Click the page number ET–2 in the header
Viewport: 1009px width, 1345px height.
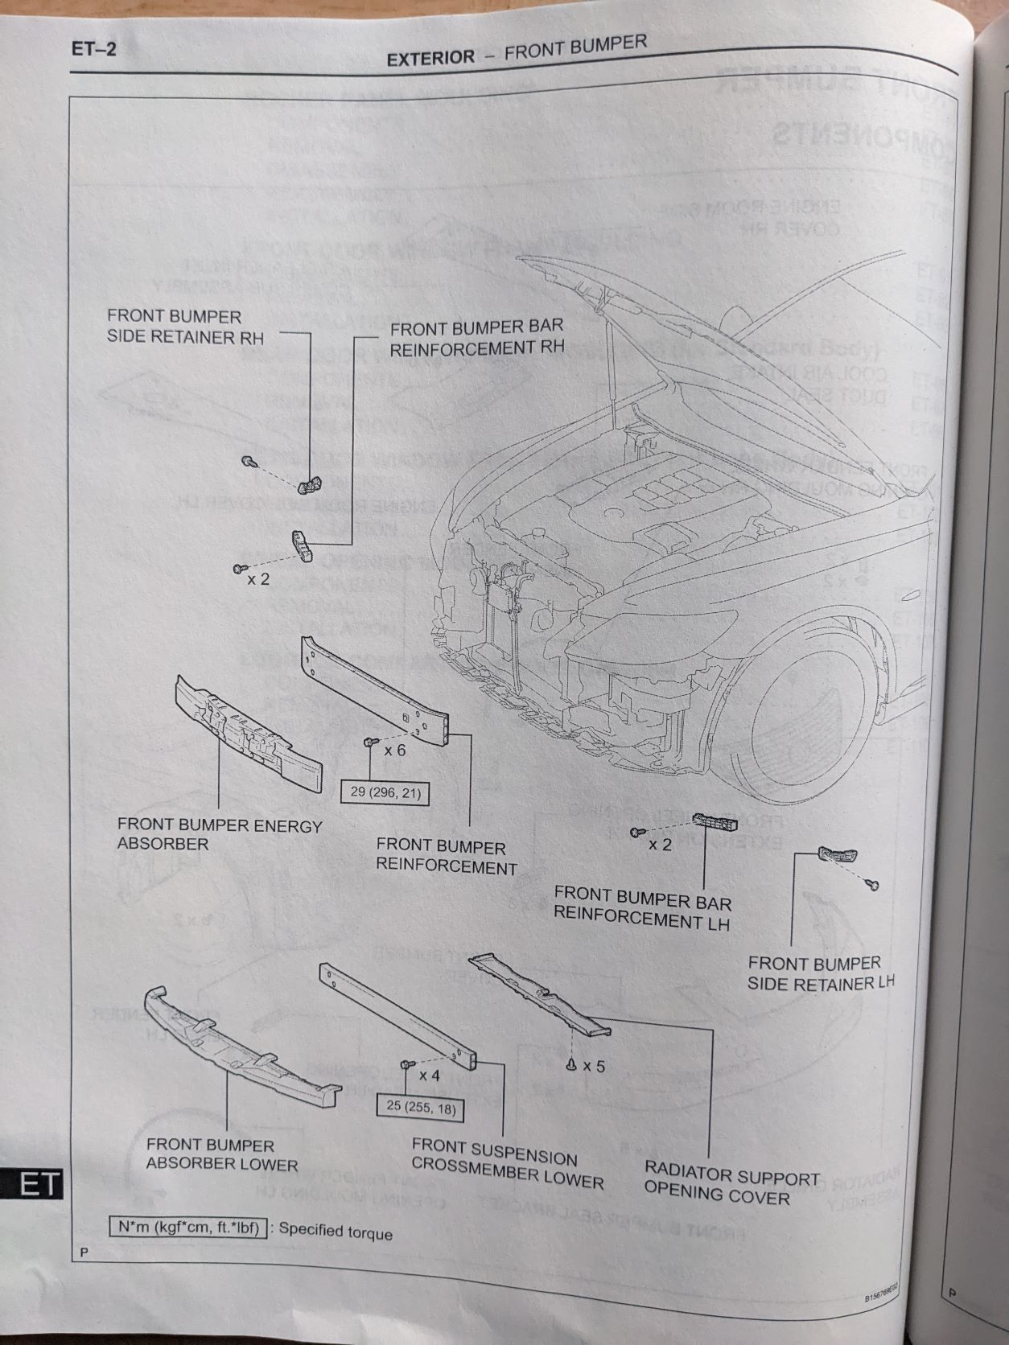pyautogui.click(x=94, y=49)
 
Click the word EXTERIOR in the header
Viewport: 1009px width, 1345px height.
pyautogui.click(x=430, y=58)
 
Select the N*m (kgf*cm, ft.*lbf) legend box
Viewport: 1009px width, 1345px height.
pyautogui.click(x=187, y=1228)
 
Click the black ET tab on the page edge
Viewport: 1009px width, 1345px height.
pyautogui.click(x=32, y=1183)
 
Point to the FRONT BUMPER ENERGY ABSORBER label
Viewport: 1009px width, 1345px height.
pyautogui.click(x=219, y=834)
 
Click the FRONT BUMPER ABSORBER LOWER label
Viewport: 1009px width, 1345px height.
pyautogui.click(x=221, y=1154)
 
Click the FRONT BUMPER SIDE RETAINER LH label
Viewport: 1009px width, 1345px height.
pyautogui.click(x=820, y=973)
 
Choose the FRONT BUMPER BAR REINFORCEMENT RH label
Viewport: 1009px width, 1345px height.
pyautogui.click(x=476, y=338)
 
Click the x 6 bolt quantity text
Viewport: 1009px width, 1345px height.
pyautogui.click(x=394, y=751)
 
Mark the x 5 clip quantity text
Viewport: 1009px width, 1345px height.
pyautogui.click(x=593, y=1066)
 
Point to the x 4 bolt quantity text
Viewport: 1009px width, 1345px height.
pyautogui.click(x=429, y=1074)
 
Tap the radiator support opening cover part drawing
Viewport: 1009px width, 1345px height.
pyautogui.click(x=539, y=994)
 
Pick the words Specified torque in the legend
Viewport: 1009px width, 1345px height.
pyautogui.click(x=336, y=1232)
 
